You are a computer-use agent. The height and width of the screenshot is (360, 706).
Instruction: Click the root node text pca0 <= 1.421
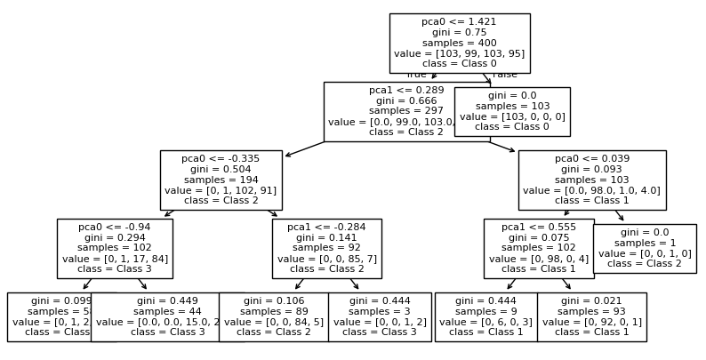(x=460, y=20)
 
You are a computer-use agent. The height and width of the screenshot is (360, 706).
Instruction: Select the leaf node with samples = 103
(x=512, y=111)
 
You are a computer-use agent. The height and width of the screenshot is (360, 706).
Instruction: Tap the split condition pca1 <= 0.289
(x=406, y=90)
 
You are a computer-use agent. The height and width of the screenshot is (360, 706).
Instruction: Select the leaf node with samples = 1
(x=645, y=248)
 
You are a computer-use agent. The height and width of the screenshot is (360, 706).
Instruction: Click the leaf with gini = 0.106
(x=274, y=316)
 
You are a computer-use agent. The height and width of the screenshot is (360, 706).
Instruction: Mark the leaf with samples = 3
(x=380, y=316)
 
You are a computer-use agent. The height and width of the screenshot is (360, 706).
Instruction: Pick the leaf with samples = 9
(x=485, y=316)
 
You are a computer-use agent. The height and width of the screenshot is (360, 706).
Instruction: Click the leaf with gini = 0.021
(x=591, y=316)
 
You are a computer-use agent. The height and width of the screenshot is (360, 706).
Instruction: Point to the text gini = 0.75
(x=460, y=32)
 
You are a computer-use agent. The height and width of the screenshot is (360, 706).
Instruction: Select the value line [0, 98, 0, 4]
(x=539, y=259)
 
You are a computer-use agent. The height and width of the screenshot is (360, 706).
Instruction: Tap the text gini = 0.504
(x=221, y=170)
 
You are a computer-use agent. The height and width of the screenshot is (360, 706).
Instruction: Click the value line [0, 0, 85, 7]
(x=326, y=259)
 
